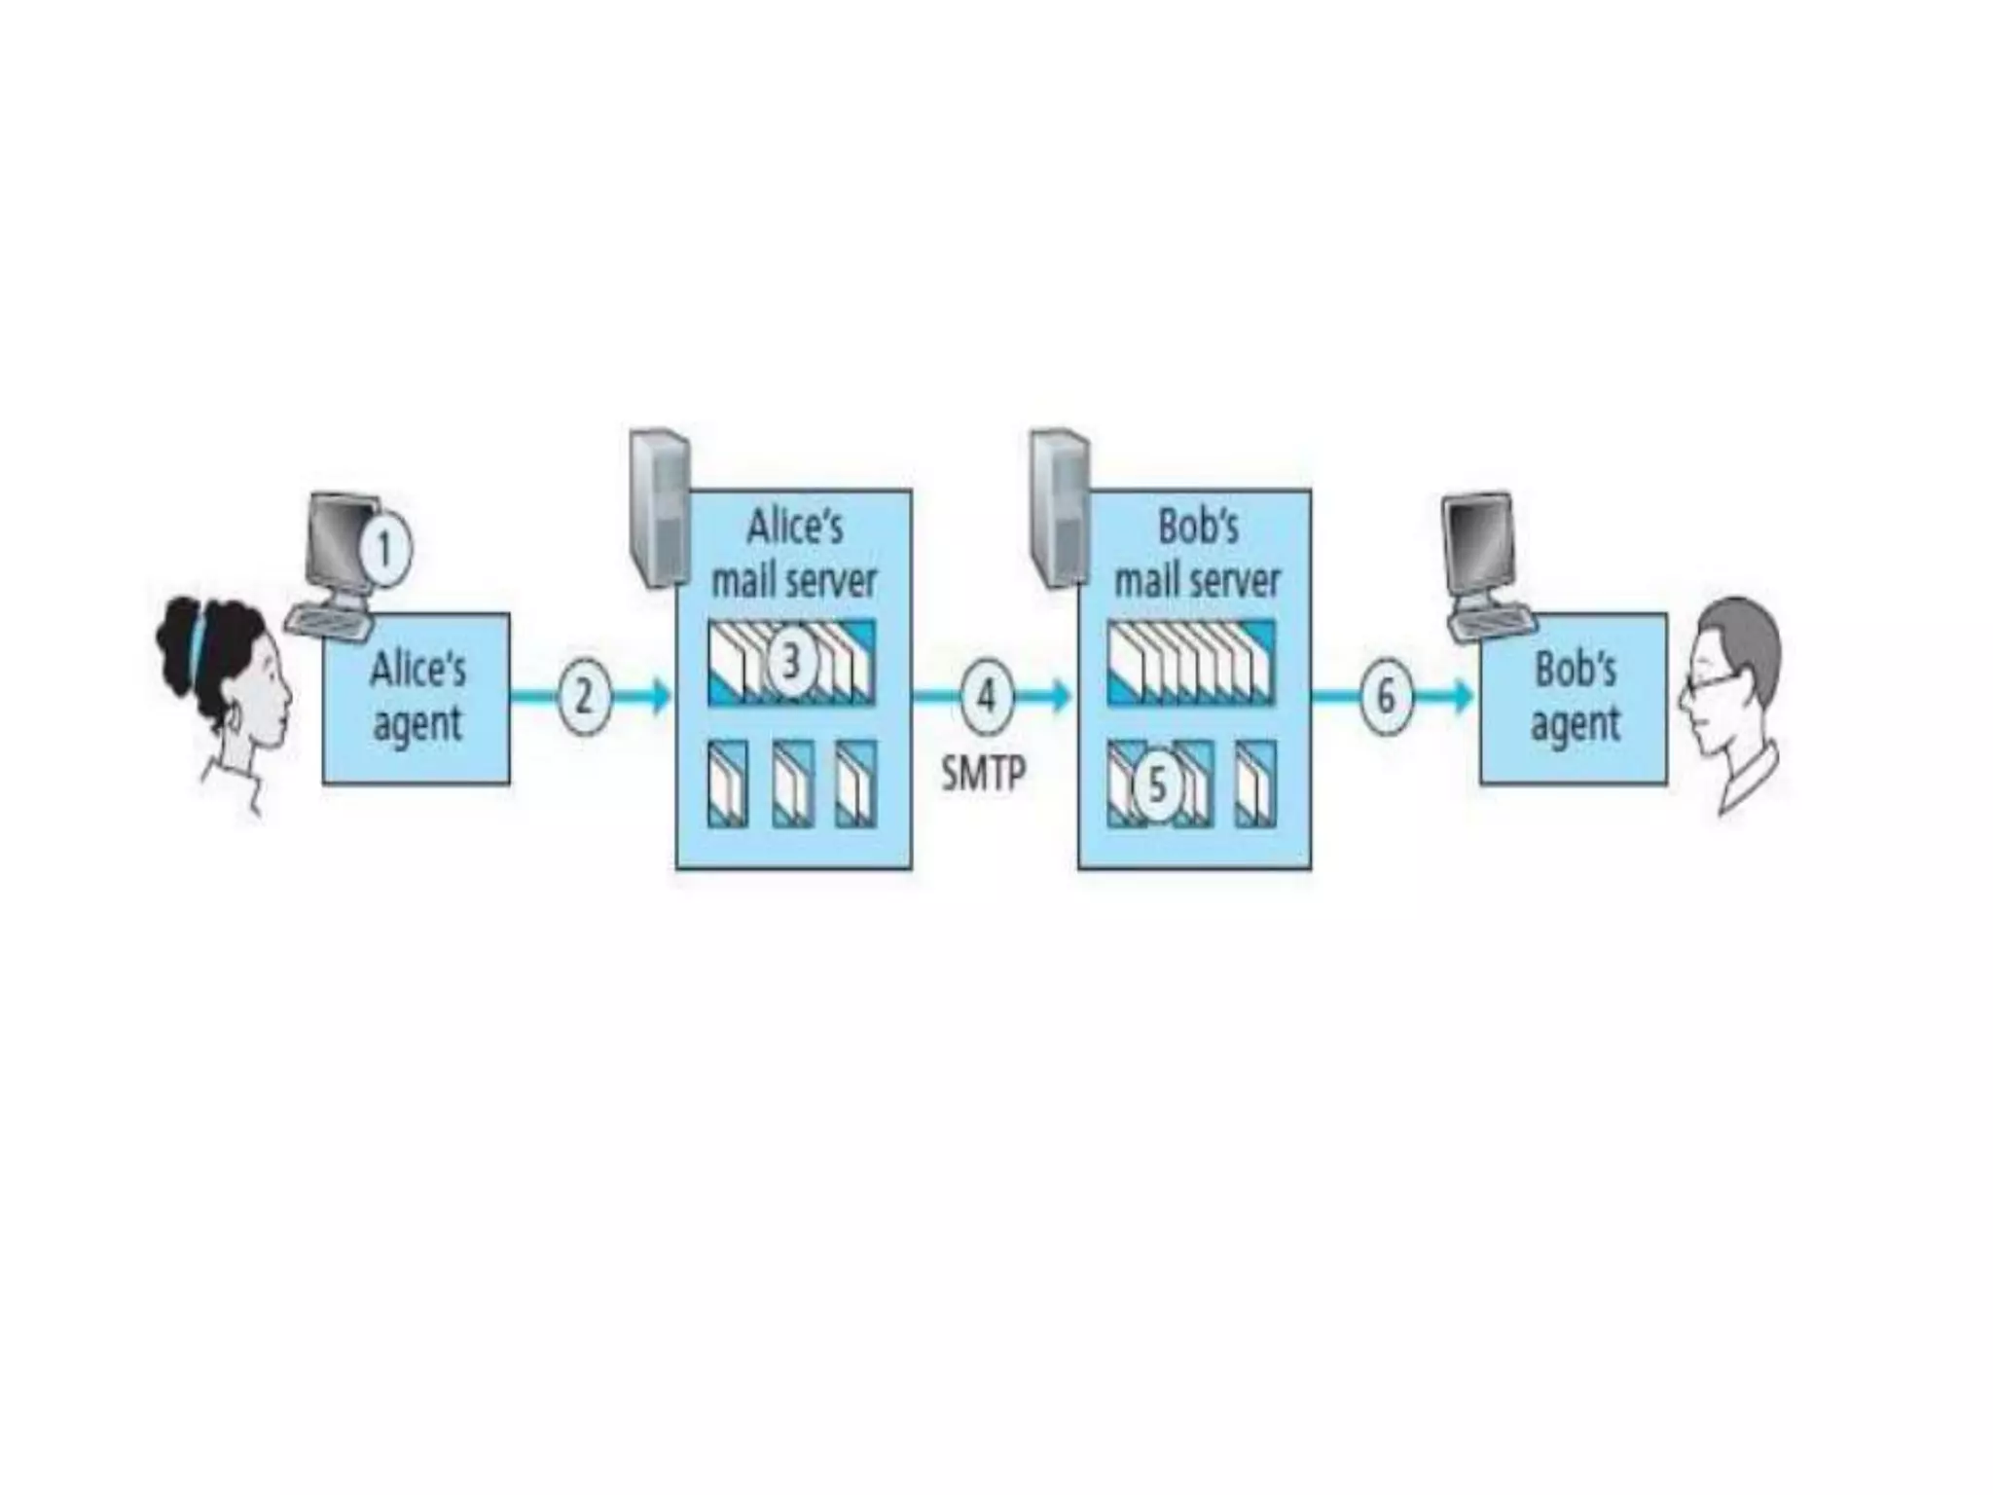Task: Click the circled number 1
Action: coord(384,550)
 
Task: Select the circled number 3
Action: coord(790,662)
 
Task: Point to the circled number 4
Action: coord(986,697)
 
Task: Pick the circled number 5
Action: coord(1157,784)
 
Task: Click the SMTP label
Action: coord(983,775)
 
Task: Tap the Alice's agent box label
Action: coord(417,697)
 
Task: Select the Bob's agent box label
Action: coord(1575,697)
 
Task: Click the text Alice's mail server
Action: coord(794,555)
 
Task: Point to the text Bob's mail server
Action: coord(1197,555)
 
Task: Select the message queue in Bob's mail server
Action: coord(1192,662)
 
